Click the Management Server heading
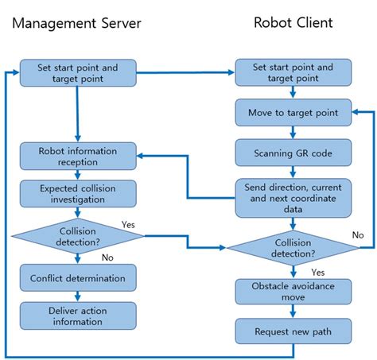tap(77, 23)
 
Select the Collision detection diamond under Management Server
tap(77, 236)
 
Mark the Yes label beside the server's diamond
tap(129, 223)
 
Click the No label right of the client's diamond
tap(357, 235)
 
